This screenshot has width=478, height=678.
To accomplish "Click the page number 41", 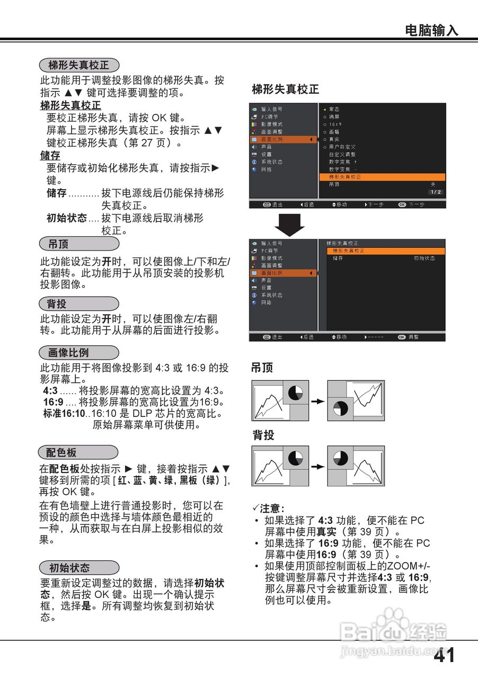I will pyautogui.click(x=445, y=656).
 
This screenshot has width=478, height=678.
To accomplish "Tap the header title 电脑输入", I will pyautogui.click(x=431, y=30).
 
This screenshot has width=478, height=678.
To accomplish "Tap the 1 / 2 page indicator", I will pyautogui.click(x=436, y=192).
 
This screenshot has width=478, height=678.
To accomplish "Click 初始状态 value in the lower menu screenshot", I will pyautogui.click(x=424, y=258).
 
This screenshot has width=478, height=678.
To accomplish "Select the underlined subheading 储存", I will pyautogui.click(x=50, y=156).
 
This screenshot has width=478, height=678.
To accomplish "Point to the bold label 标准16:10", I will pyautogui.click(x=64, y=413).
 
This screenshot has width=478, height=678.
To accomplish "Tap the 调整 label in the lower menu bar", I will pyautogui.click(x=413, y=337).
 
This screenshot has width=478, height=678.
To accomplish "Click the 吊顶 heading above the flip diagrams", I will pyautogui.click(x=262, y=368).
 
